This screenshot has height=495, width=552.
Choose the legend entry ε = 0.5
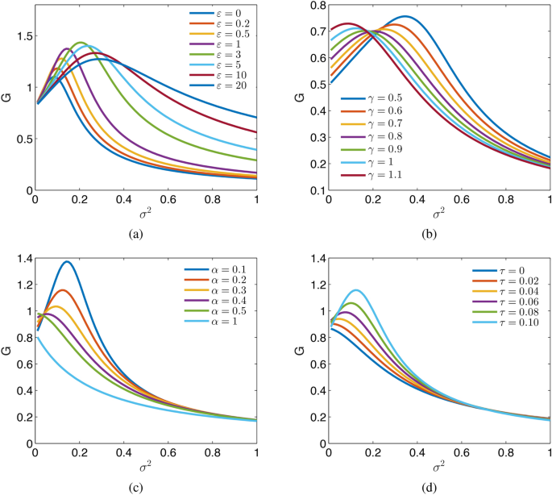[x=228, y=33]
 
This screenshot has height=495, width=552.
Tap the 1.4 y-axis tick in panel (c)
[x=23, y=257]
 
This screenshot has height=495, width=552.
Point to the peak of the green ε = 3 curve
[x=80, y=43]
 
